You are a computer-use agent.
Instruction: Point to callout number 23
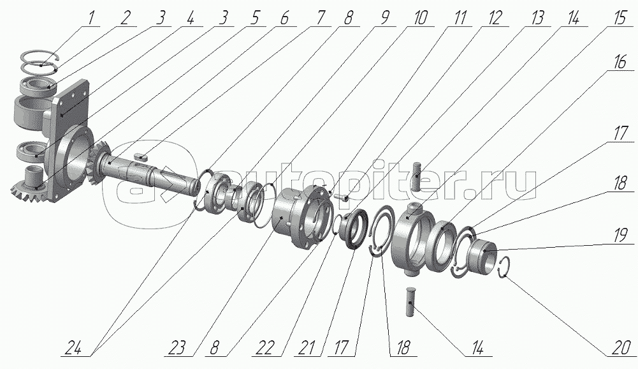click(178, 350)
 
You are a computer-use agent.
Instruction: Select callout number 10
click(421, 17)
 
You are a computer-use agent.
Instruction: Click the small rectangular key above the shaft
click(142, 154)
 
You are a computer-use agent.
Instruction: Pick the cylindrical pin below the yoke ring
click(410, 305)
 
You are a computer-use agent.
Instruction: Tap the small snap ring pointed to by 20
click(504, 267)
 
